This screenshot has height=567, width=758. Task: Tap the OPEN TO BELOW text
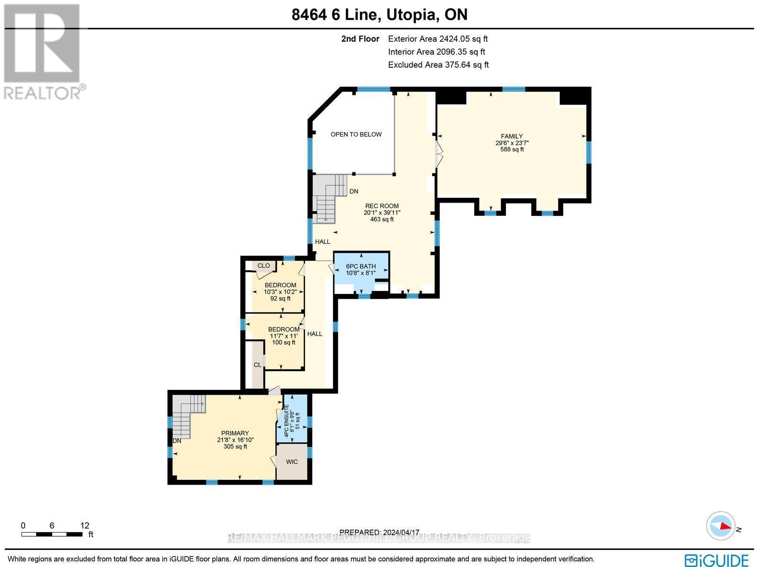coord(356,134)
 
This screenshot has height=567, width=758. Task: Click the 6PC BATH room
coord(361,270)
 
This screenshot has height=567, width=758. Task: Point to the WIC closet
coord(292,461)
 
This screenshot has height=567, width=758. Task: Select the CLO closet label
coord(263,266)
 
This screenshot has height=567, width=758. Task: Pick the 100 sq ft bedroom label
coord(283,336)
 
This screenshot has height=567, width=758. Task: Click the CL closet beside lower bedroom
coord(257,365)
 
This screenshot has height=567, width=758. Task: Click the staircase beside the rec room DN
coord(329,196)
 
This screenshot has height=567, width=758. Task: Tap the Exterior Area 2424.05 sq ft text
coord(438,39)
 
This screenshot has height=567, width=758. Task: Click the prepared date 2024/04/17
coord(379,532)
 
